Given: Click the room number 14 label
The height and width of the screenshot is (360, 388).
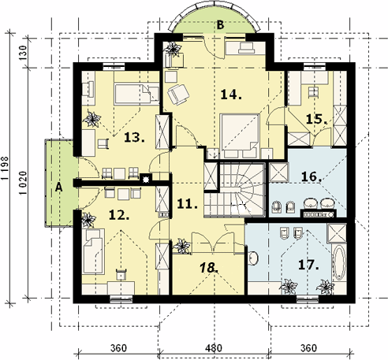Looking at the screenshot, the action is click(x=231, y=95).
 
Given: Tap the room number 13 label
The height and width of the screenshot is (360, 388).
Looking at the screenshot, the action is click(x=134, y=137).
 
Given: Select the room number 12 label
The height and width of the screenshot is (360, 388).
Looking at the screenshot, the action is click(x=119, y=215).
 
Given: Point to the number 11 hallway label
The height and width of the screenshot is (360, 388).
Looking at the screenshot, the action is click(x=187, y=203).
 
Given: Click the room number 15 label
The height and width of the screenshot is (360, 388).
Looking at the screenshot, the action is click(x=317, y=119).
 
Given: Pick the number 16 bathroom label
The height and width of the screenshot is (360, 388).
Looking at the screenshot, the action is click(x=312, y=176).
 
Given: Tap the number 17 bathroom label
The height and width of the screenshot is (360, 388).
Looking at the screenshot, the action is click(x=308, y=265).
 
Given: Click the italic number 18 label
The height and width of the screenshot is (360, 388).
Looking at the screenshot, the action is click(x=209, y=268).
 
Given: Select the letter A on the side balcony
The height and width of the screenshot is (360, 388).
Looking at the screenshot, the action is click(x=59, y=187).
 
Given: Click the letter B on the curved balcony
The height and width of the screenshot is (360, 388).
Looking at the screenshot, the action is click(x=220, y=25).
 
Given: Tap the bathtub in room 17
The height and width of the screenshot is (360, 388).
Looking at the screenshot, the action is click(x=339, y=263).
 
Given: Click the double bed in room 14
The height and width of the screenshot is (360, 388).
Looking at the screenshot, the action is click(x=240, y=136).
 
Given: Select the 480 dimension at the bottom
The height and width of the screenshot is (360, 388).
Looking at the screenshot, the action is click(x=214, y=348).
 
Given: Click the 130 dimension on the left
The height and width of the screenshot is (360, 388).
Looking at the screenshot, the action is click(x=23, y=53).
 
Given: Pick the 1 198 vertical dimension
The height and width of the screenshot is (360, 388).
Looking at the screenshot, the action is click(x=5, y=169).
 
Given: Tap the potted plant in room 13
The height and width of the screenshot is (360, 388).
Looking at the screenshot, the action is click(x=91, y=120).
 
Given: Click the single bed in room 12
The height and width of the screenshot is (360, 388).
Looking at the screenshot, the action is click(x=93, y=251).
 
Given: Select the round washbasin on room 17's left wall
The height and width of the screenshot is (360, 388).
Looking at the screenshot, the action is click(x=253, y=258).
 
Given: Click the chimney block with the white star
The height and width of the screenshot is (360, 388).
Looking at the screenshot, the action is click(x=146, y=179).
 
